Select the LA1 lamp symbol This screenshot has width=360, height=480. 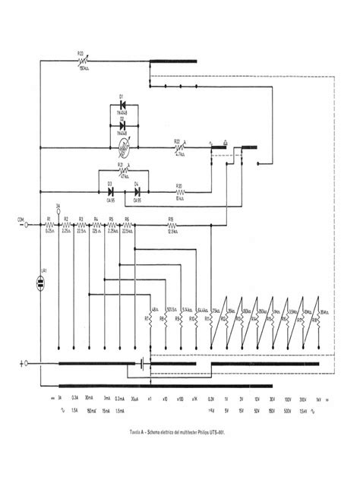[45, 282]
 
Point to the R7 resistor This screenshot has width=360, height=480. [151, 319]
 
